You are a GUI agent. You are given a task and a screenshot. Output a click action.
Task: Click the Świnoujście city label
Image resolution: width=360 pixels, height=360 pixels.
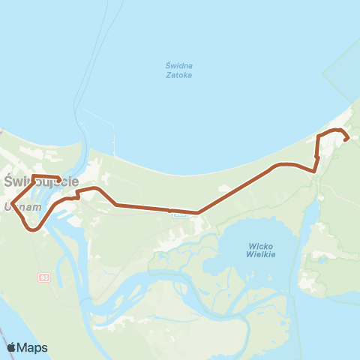[42, 182]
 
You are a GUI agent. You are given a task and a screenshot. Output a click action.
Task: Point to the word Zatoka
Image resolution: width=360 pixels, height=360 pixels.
[179, 75]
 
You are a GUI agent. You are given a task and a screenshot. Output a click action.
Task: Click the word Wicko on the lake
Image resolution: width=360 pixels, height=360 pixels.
[261, 246]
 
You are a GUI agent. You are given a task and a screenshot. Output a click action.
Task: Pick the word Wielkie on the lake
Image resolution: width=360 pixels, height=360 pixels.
[261, 255]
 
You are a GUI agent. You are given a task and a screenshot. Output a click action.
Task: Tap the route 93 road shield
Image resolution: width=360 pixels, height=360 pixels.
[44, 277]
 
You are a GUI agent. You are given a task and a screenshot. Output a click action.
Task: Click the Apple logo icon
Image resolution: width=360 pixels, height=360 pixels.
[11, 347]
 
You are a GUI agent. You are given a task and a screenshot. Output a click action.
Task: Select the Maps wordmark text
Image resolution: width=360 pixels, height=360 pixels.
[34, 347]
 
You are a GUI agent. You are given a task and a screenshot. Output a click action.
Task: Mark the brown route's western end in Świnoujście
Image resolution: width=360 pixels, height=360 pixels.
[59, 179]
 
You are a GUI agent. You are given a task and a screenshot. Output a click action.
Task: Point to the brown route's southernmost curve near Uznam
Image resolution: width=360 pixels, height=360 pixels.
[33, 230]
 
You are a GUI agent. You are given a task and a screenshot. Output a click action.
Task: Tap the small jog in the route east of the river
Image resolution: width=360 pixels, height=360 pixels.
[78, 196]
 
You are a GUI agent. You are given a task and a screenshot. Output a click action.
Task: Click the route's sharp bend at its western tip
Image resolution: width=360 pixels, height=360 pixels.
[12, 200]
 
